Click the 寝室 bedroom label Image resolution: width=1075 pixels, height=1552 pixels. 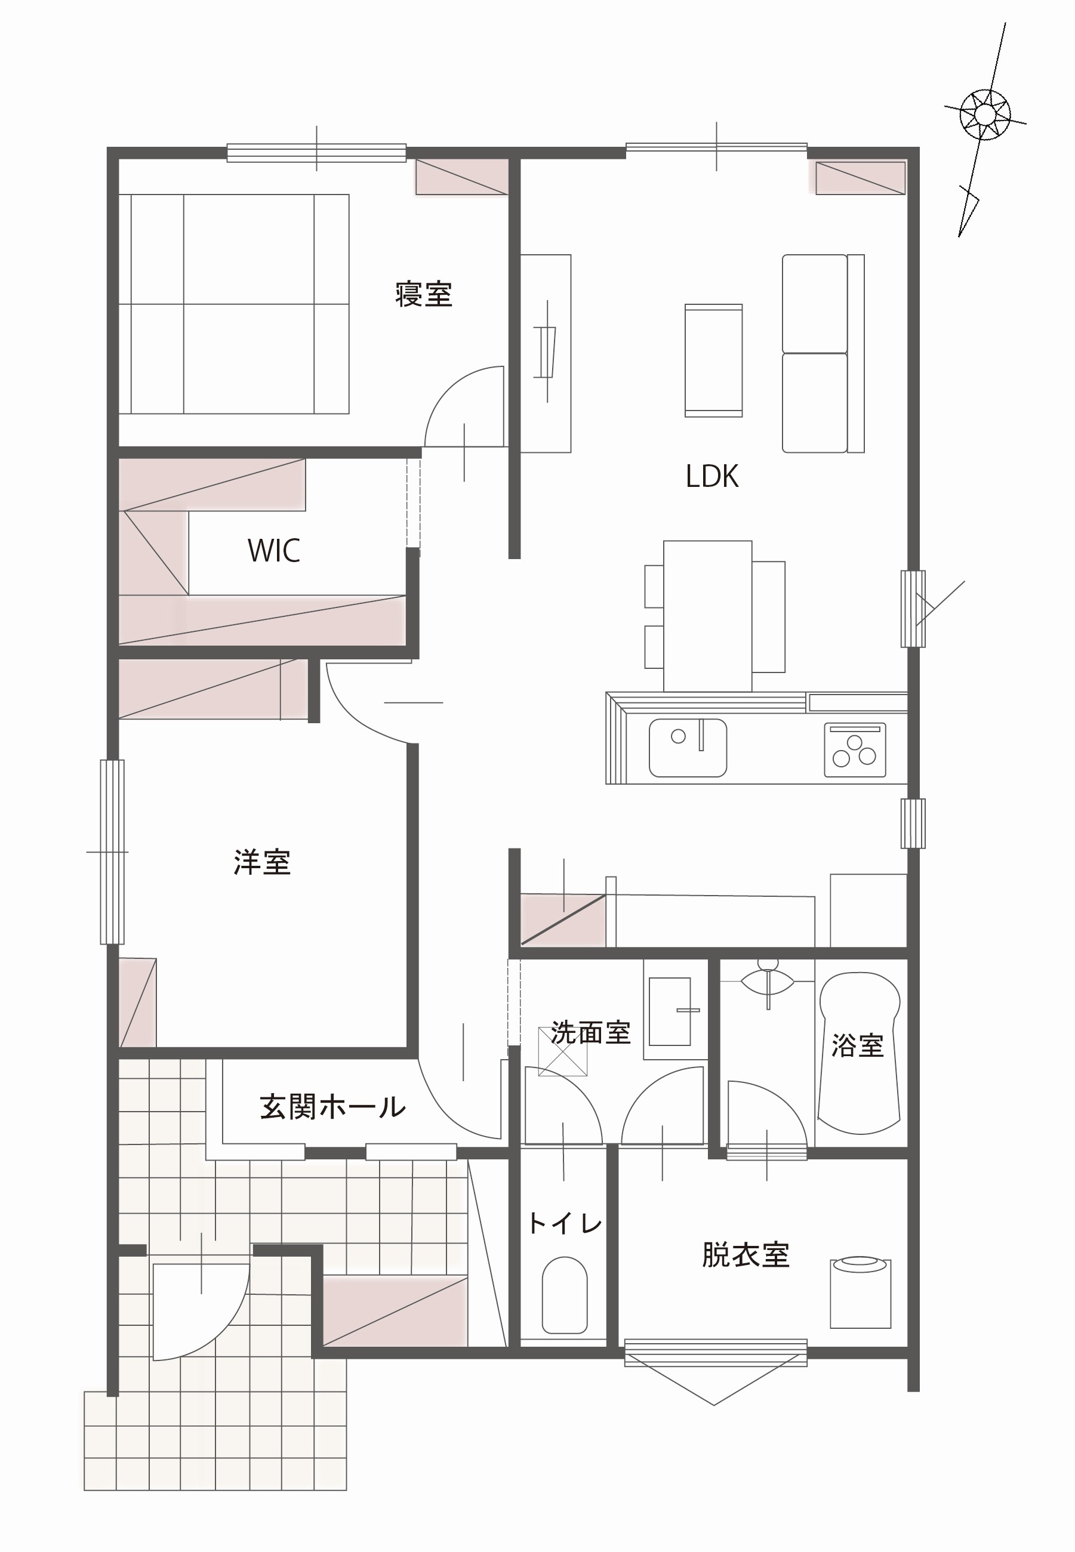[423, 294]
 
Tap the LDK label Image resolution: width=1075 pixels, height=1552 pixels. [712, 477]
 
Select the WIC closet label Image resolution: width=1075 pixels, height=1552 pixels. [273, 551]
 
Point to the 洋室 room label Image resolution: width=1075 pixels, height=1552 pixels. [262, 863]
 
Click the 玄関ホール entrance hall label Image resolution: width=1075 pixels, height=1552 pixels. [332, 1107]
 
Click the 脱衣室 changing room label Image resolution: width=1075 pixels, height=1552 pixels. [745, 1255]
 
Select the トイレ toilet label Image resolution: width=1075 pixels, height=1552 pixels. [565, 1223]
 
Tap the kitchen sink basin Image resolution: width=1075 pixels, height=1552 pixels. [688, 748]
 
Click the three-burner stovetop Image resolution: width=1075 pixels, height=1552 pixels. [855, 750]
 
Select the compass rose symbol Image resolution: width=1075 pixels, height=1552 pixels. [984, 115]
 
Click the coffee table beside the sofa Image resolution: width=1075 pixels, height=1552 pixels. [713, 360]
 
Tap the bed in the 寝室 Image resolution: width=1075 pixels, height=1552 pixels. [234, 304]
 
